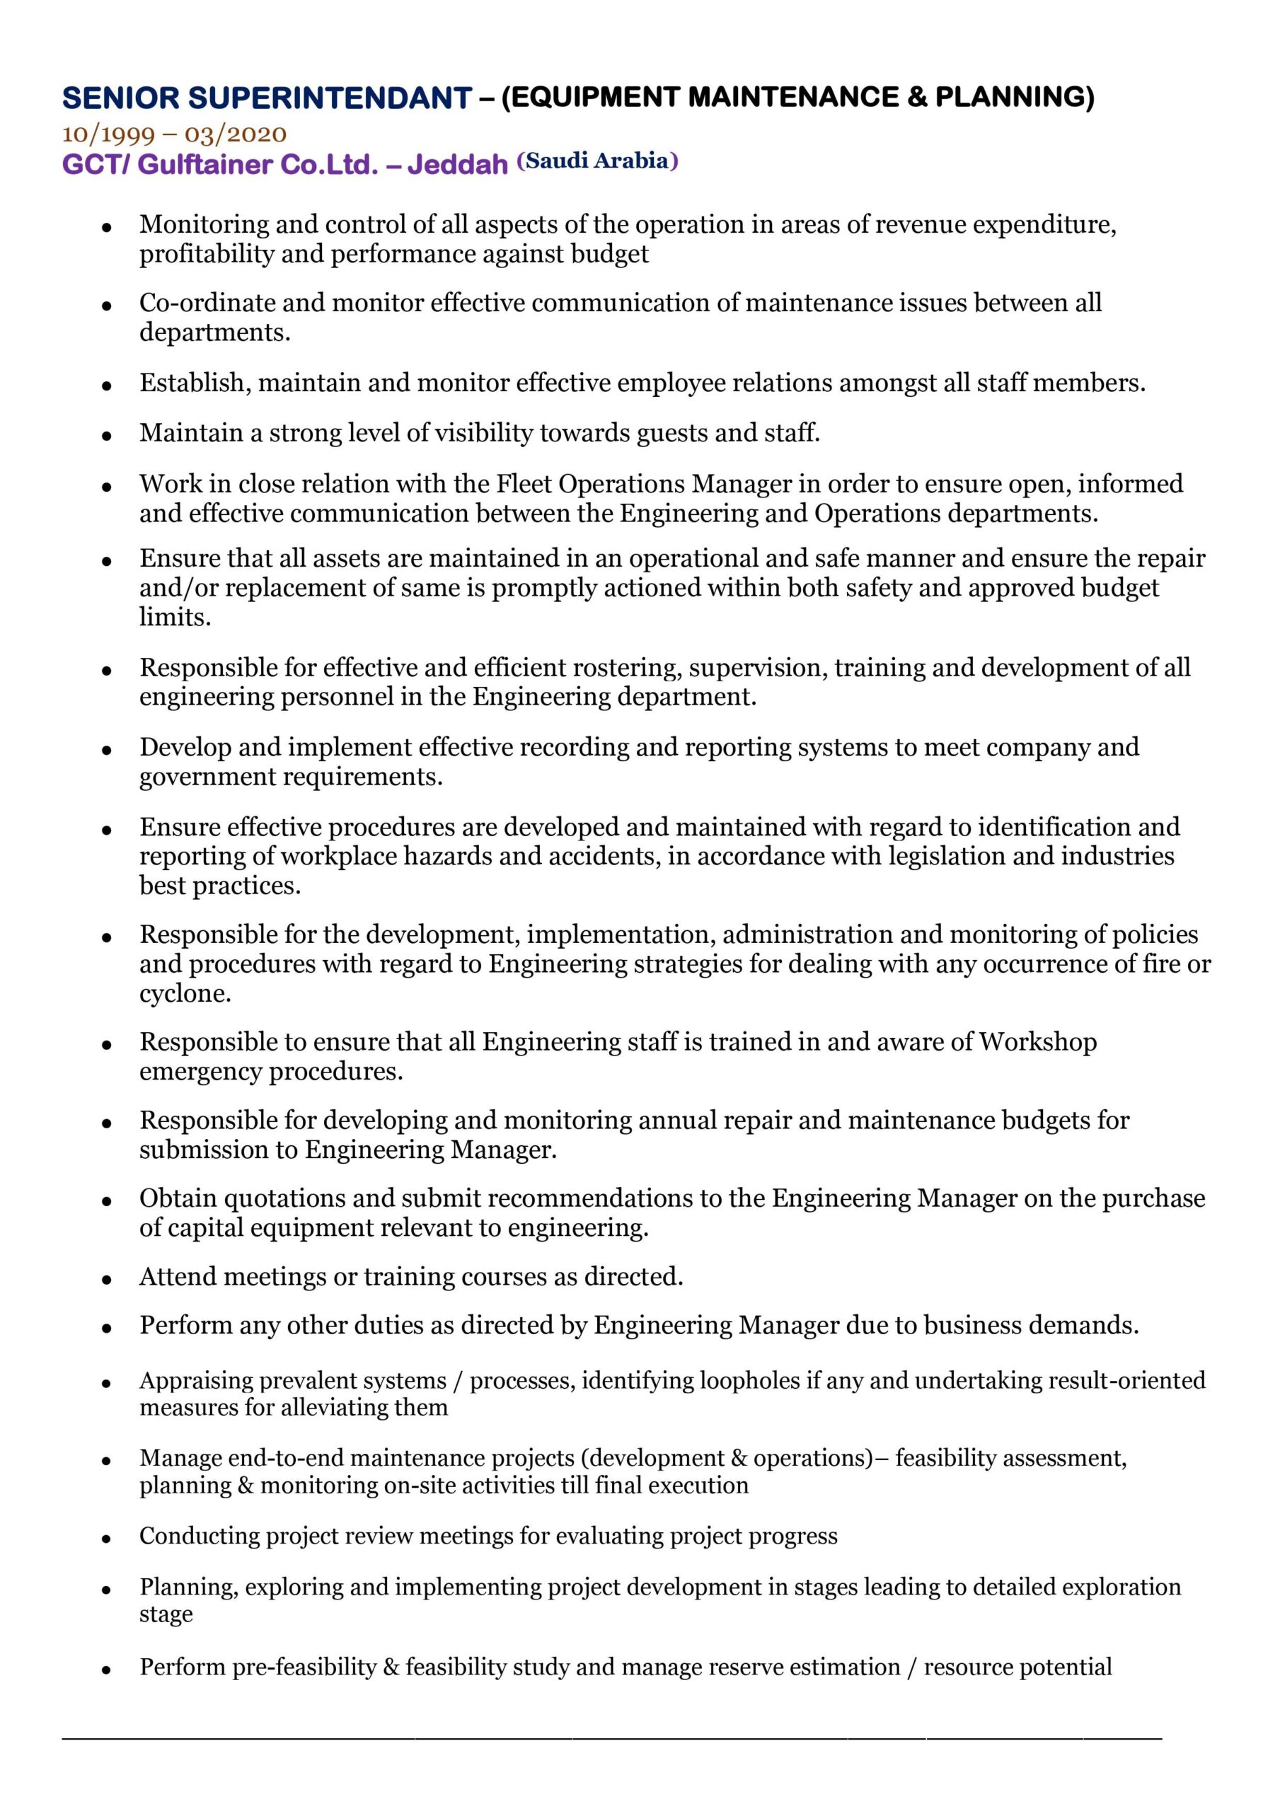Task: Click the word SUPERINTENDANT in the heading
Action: (330, 98)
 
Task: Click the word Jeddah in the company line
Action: (458, 164)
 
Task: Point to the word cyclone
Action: (185, 993)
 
